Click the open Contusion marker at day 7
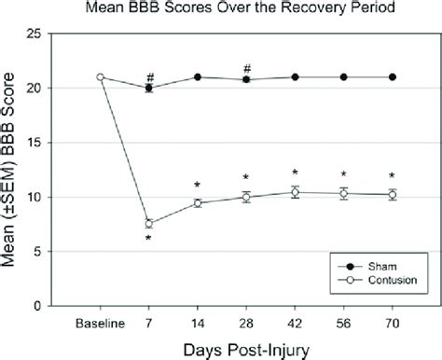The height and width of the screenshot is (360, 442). click(148, 224)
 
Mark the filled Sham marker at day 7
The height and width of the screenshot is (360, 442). click(148, 89)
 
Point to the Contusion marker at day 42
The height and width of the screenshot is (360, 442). click(295, 192)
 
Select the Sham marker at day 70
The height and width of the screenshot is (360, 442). click(393, 77)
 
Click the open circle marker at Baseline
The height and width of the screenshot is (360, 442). click(100, 77)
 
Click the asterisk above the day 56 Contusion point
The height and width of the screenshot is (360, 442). click(344, 174)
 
